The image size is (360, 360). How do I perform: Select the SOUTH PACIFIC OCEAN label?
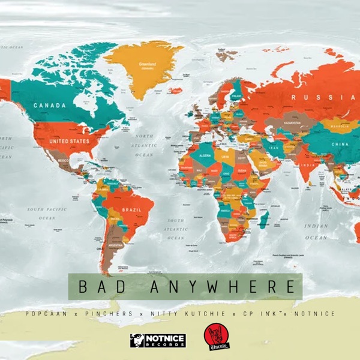point(47,214)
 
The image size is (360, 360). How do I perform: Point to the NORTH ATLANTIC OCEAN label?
point(144,145)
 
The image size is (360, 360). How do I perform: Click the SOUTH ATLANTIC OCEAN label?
point(176,229)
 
